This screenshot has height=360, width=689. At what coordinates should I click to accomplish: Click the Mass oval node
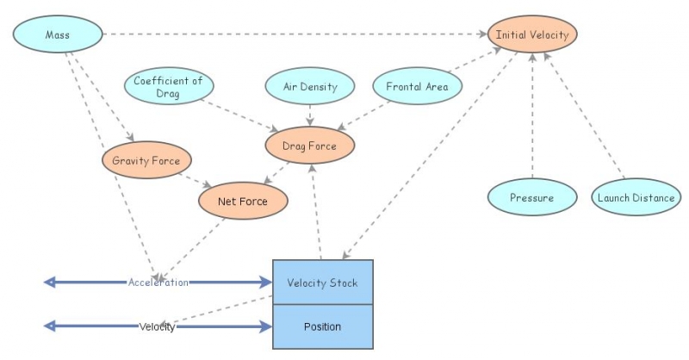coord(58,36)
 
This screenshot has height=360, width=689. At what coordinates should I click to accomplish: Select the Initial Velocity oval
coord(531,35)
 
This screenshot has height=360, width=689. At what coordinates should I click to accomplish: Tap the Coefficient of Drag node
coord(168,87)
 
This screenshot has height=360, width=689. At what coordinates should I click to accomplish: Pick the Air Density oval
coord(309,87)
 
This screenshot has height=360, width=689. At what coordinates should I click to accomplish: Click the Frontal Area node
coord(418,86)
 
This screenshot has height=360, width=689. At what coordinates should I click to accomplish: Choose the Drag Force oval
coord(309,146)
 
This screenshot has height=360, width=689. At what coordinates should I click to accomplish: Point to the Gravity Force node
coord(146,160)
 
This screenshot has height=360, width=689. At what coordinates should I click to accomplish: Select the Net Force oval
coord(243,202)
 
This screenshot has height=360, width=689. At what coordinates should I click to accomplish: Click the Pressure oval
coord(531,197)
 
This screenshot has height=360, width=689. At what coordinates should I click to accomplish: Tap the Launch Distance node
coord(636,197)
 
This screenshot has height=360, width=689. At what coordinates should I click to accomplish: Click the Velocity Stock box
coord(323,282)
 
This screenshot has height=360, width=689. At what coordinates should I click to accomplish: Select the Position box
coord(323,326)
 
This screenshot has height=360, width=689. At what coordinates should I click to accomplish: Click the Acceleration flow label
coord(158,282)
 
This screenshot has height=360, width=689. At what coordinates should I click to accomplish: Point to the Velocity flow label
coord(158,326)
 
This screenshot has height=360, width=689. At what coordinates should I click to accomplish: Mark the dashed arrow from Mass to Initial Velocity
coord(293,34)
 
